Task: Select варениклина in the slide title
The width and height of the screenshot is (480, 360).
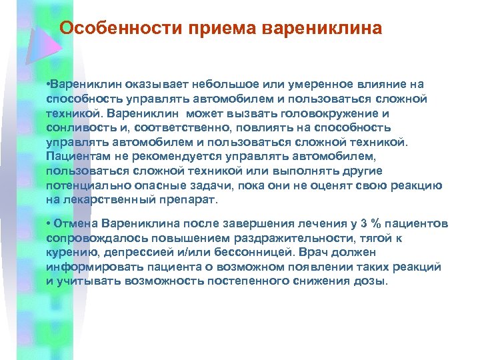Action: (x=323, y=29)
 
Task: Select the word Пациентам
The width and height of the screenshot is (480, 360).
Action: (x=77, y=156)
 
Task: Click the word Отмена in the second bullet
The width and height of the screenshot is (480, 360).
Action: (x=74, y=223)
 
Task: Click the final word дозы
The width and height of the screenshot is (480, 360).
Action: (x=371, y=281)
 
